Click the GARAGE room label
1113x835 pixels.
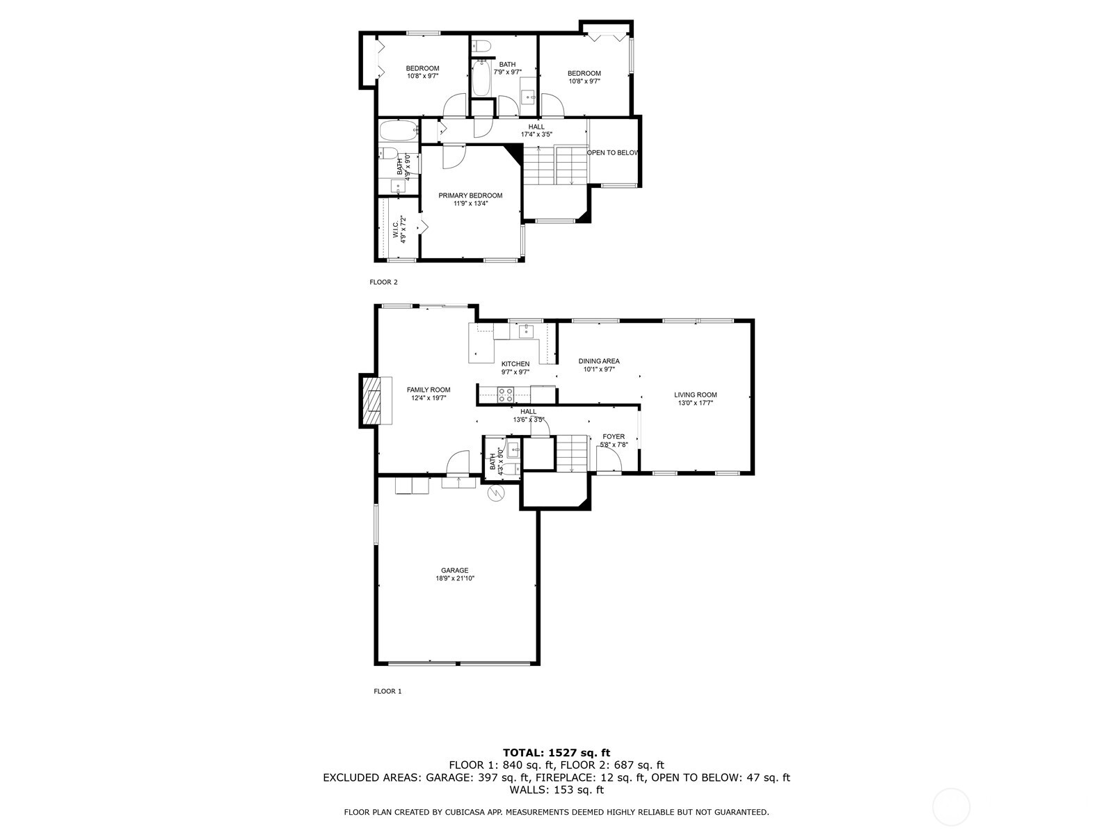click(x=454, y=571)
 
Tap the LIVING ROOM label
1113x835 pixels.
click(x=696, y=395)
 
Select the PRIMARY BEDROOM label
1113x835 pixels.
click(x=470, y=196)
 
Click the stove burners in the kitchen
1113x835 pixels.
click(x=506, y=395)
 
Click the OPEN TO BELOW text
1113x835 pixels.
click(x=612, y=153)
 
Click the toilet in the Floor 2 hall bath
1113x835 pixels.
click(x=481, y=47)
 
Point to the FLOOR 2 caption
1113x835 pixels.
click(x=383, y=283)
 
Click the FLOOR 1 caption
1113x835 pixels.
click(x=387, y=691)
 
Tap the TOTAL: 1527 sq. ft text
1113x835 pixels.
click(x=556, y=752)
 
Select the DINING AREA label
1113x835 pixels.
click(x=599, y=361)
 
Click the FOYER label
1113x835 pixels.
click(x=614, y=437)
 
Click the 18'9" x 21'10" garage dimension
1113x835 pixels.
click(x=454, y=578)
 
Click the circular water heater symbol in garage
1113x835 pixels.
click(x=496, y=493)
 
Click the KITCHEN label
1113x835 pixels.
click(x=515, y=364)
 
